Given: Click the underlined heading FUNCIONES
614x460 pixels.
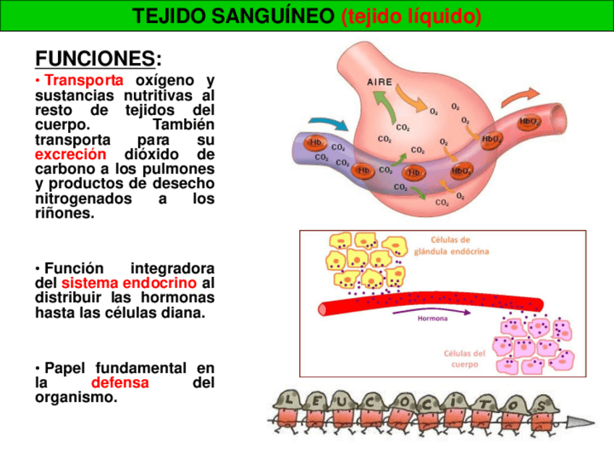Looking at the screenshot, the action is click(x=94, y=58).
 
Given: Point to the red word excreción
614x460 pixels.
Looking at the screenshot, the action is click(x=70, y=155).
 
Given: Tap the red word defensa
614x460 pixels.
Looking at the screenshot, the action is click(x=119, y=383).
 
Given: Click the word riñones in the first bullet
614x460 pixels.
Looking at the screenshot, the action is click(x=64, y=214).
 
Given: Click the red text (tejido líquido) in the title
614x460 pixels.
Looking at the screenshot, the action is click(x=411, y=16).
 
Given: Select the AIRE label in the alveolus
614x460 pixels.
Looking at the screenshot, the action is click(x=380, y=82).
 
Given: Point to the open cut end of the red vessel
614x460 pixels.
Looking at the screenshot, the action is click(x=324, y=307).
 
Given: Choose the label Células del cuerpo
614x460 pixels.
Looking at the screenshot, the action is click(x=465, y=359).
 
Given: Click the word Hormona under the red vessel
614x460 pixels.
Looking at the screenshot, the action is click(x=433, y=318).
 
